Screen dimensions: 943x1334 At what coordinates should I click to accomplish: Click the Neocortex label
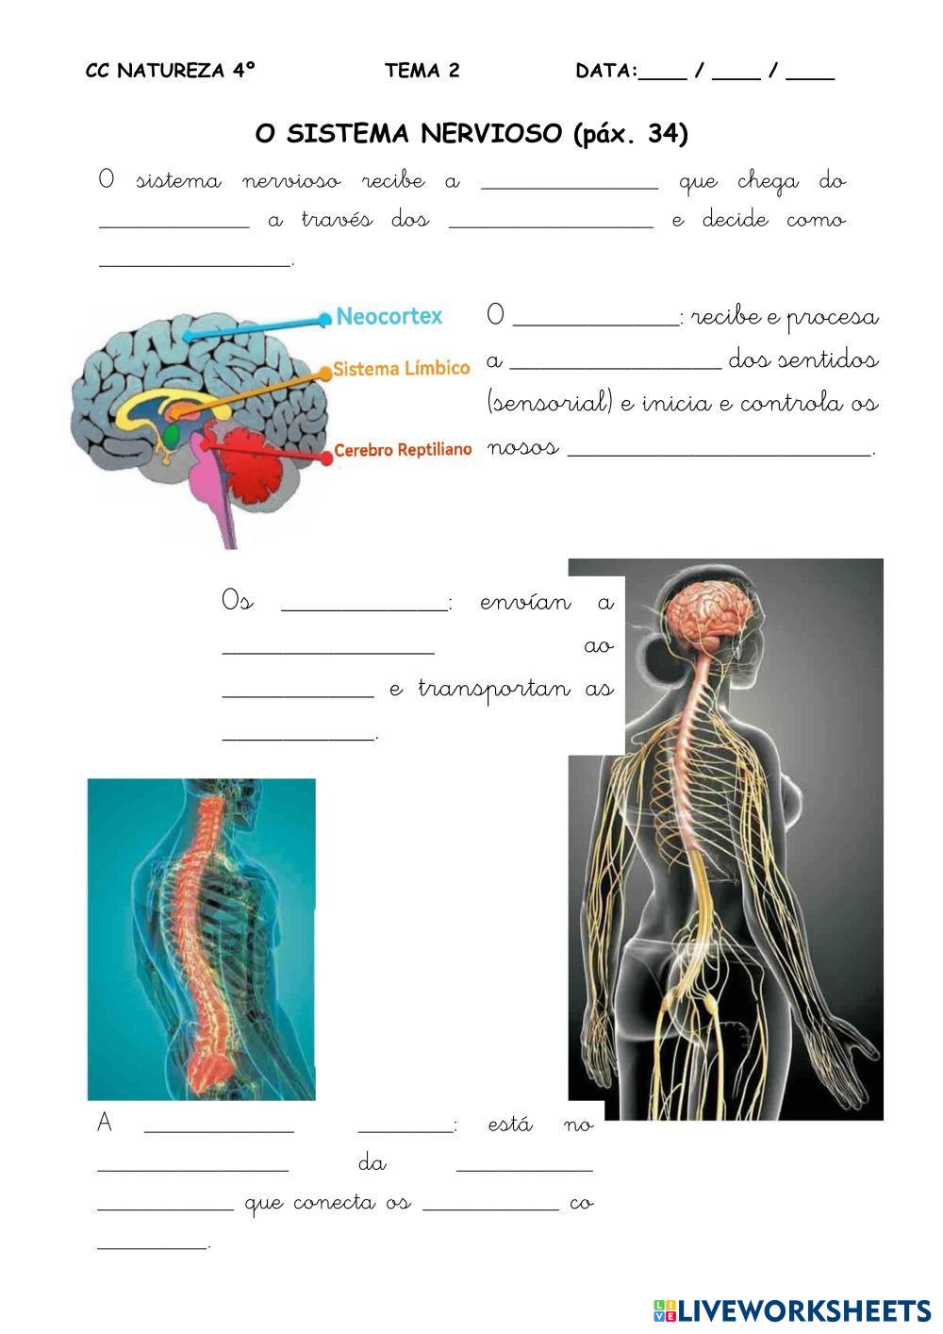point(389,317)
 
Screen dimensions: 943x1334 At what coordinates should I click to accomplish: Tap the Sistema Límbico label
point(401,368)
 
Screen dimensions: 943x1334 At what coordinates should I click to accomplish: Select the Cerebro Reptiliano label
point(403,450)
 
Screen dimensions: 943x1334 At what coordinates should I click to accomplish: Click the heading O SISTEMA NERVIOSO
point(408,134)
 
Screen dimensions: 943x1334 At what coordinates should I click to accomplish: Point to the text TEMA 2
point(422,71)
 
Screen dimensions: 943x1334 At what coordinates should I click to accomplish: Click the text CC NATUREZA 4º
point(171,71)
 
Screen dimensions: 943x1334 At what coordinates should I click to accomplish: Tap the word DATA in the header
point(604,71)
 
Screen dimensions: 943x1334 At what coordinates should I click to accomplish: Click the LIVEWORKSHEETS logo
point(792,1310)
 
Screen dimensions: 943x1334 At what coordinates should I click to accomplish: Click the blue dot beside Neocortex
point(325,319)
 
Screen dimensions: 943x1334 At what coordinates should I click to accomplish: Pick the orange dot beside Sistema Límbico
point(325,373)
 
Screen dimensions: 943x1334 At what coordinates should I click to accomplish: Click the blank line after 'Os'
point(365,608)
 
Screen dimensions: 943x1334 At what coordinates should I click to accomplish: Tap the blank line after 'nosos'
point(721,453)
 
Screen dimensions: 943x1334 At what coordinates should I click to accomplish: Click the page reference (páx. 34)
point(631,134)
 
